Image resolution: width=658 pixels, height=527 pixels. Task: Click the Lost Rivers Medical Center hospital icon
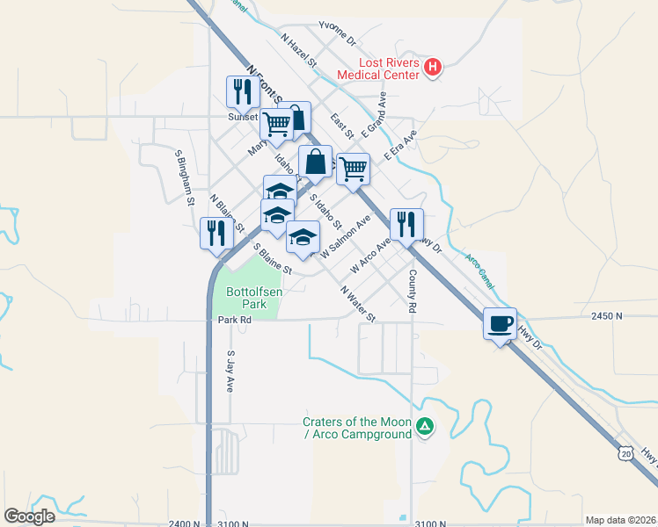point(432,68)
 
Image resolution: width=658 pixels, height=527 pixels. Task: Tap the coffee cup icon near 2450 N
point(500,323)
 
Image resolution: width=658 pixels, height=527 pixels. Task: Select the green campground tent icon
point(425,427)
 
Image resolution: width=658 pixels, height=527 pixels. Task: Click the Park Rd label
point(235,321)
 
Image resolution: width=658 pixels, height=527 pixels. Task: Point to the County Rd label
point(412,291)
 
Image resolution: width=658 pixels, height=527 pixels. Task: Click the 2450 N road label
point(606,315)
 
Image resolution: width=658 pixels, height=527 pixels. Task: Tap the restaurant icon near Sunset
point(240,90)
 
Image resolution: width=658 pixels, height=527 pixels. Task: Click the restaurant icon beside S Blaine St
point(215,233)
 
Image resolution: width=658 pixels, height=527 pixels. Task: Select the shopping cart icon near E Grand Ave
point(353,168)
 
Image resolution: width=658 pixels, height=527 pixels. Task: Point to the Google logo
point(29,516)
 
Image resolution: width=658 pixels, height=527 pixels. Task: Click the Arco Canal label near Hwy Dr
point(480,270)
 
